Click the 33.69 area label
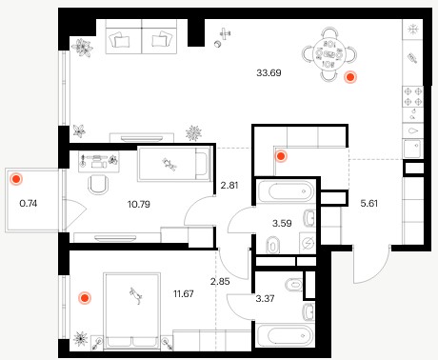269,73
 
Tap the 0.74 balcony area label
29,203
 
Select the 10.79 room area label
139,204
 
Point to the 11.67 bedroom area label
184,293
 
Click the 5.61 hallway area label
369,203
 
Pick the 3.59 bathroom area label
282,223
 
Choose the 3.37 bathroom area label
265,298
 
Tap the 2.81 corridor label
229,185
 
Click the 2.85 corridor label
220,281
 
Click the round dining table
329,54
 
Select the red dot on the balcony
16,179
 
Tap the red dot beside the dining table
350,77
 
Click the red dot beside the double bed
85,298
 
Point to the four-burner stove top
413,96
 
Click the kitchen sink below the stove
413,149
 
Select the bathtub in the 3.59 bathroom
286,191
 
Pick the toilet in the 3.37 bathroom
293,285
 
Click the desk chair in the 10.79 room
98,185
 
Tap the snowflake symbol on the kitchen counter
413,30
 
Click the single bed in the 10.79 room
174,164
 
